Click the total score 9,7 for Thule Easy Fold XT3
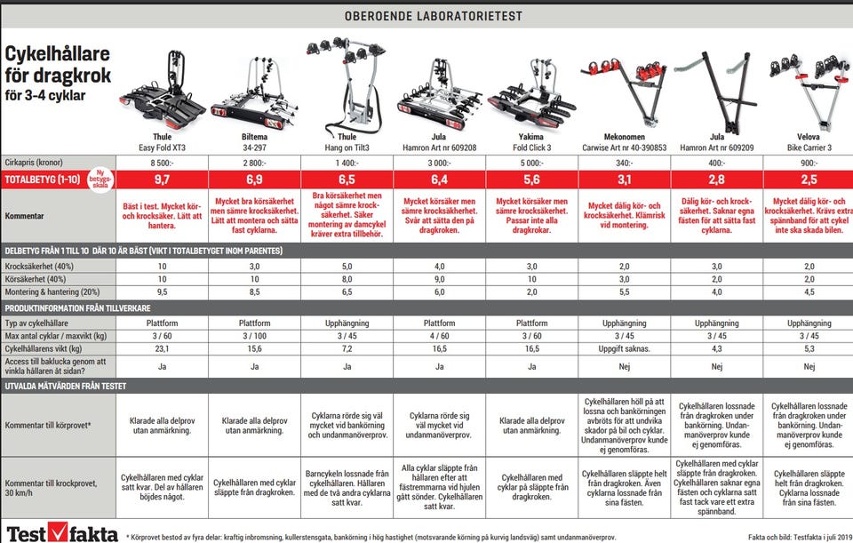pyautogui.click(x=162, y=180)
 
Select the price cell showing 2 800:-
pyautogui.click(x=255, y=163)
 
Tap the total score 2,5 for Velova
pyautogui.click(x=809, y=180)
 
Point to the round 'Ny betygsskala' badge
pyautogui.click(x=100, y=179)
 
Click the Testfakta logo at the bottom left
pyautogui.click(x=61, y=533)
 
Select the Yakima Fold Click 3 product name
pyautogui.click(x=531, y=142)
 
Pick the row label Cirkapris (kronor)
pyautogui.click(x=34, y=162)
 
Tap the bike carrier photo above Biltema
pyautogui.click(x=255, y=93)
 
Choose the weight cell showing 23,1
pyautogui.click(x=162, y=348)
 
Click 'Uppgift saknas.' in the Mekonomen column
pyautogui.click(x=625, y=348)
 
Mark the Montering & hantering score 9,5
pyautogui.click(x=162, y=292)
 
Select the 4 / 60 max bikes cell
pyautogui.click(x=440, y=336)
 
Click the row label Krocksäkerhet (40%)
pyautogui.click(x=39, y=267)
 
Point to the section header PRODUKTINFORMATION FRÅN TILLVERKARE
pyautogui.click(x=78, y=308)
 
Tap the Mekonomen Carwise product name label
pyautogui.click(x=625, y=142)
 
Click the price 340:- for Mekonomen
pyautogui.click(x=625, y=163)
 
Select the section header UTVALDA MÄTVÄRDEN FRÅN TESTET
pyautogui.click(x=65, y=386)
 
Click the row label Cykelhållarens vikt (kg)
pyautogui.click(x=44, y=348)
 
